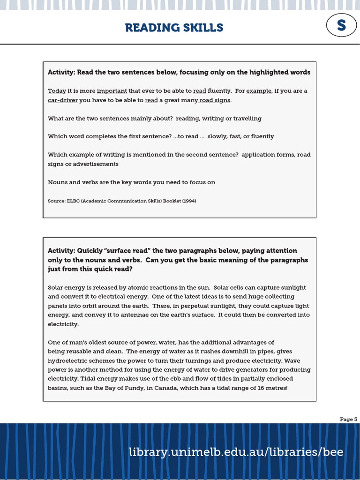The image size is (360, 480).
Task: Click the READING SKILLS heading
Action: [174, 28]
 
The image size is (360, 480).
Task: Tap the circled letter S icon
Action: [341, 26]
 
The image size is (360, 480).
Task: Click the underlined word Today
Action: [57, 91]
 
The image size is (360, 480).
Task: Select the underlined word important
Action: [112, 91]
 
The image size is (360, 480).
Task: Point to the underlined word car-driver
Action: [62, 100]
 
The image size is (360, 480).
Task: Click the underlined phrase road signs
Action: [215, 100]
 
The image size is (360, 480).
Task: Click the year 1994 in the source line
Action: [188, 201]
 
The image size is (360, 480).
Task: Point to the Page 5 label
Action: [348, 420]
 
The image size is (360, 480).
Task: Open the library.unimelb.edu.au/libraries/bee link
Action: [236, 452]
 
